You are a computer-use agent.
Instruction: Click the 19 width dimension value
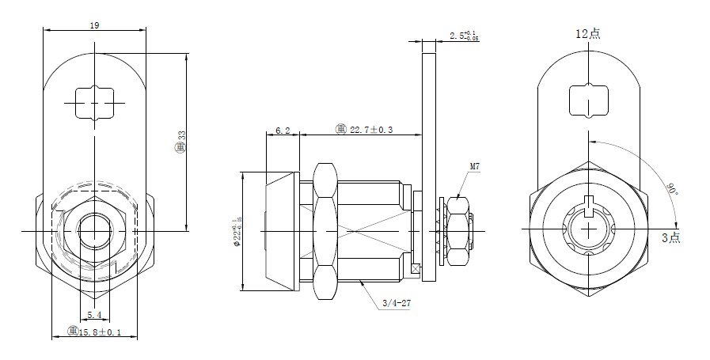point(94,25)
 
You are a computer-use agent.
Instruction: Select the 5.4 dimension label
point(93,315)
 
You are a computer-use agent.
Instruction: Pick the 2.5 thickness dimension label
point(462,36)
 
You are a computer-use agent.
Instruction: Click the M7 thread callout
point(475,167)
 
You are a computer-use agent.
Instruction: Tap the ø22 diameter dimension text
point(237,230)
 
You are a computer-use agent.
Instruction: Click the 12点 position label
point(588,33)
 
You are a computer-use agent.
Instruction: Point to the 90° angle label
point(670,190)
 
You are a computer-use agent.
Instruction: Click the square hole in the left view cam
point(95,103)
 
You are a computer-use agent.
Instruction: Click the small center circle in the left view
point(95,230)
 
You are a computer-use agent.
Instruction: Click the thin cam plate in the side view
point(429,158)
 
